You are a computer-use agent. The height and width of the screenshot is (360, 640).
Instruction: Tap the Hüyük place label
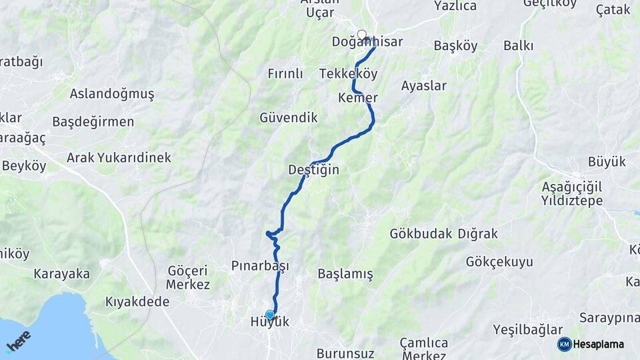269,322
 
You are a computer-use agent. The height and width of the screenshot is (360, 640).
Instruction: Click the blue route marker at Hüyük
270,315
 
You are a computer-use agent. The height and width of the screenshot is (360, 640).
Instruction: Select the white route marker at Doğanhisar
362,34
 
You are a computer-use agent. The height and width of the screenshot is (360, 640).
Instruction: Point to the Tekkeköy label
348,73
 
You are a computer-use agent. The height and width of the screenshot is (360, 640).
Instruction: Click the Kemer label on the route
358,98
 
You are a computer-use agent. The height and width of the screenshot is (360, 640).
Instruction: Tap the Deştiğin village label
313,170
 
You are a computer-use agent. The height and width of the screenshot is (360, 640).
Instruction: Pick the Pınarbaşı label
259,266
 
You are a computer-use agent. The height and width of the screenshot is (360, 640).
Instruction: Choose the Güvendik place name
289,118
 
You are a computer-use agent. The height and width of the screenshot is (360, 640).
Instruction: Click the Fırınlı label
285,73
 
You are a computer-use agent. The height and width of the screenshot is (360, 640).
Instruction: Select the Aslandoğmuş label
112,94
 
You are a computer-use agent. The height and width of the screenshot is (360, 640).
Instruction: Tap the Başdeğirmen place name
93,122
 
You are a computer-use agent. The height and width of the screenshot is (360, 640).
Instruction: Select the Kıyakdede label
137,301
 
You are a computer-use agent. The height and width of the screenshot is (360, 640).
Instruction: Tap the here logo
19,341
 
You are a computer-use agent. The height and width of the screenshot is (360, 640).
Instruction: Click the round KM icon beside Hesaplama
564,344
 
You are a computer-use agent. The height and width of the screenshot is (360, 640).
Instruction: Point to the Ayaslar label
424,86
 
